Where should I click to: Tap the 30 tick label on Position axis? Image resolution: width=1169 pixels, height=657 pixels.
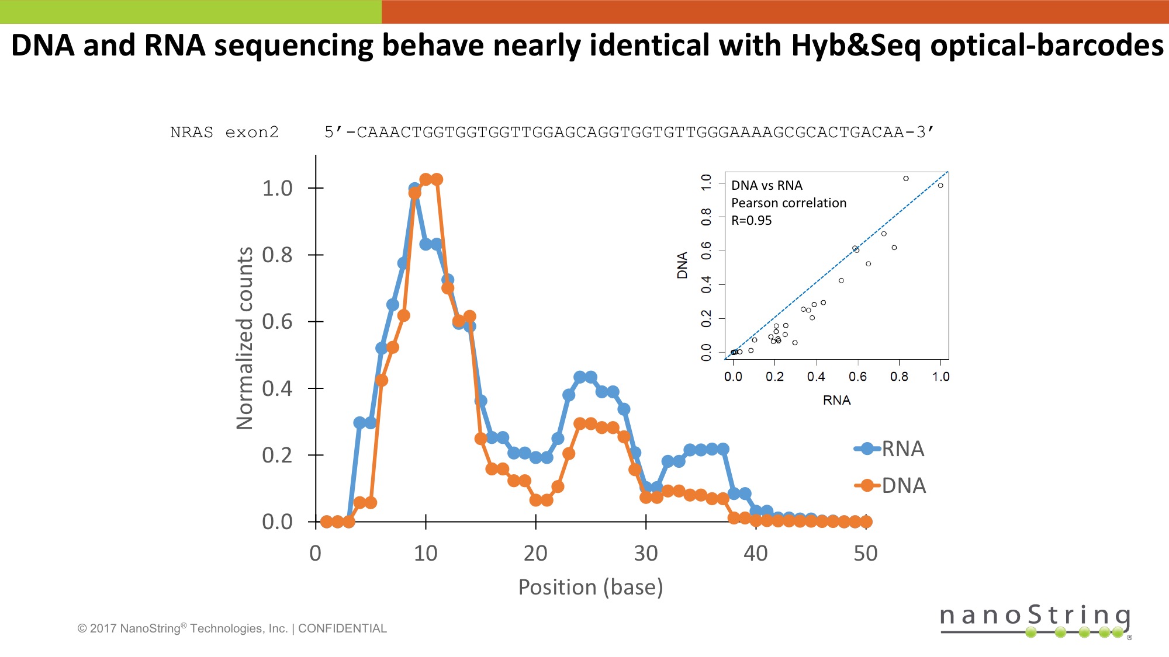pos(645,553)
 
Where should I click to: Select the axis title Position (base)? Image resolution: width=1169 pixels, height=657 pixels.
pos(590,587)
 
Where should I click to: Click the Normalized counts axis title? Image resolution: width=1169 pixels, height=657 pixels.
pos(244,338)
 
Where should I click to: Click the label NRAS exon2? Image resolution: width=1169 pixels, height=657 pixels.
pos(224,133)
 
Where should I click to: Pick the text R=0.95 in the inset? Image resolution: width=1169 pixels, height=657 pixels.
pos(751,221)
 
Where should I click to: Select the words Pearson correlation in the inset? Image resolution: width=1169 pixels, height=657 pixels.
pos(788,203)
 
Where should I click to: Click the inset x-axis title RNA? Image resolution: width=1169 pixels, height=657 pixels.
pos(836,401)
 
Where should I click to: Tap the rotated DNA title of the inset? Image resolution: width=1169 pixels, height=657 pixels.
pos(682,265)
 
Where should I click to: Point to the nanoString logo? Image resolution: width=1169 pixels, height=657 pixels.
pos(1035,620)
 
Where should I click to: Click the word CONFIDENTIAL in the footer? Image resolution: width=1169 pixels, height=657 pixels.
pos(342,628)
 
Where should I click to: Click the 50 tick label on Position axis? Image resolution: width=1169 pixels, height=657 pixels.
pos(865,553)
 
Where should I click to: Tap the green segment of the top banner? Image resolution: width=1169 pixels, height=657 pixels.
pos(191,12)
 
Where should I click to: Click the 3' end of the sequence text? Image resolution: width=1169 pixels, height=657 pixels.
pos(925,133)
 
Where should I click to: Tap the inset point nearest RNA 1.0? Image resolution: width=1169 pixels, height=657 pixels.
pos(940,186)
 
